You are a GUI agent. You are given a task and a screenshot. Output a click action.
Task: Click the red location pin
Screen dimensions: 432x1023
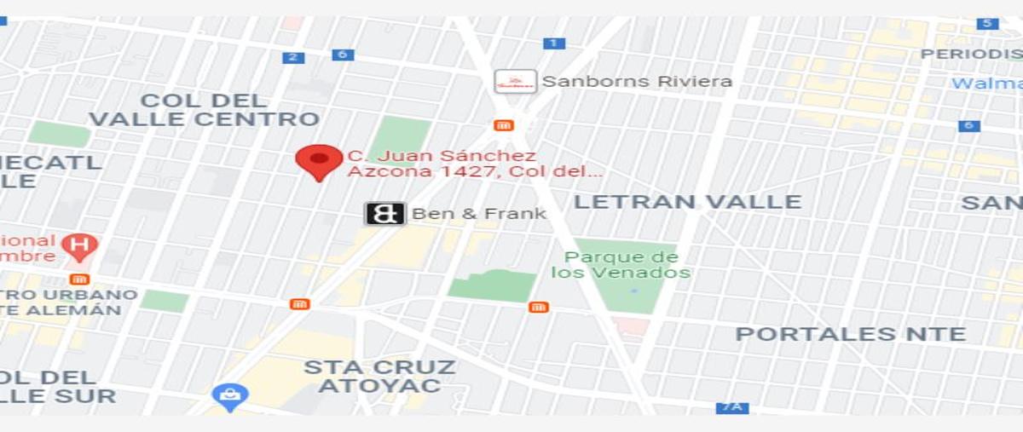coord(319,161)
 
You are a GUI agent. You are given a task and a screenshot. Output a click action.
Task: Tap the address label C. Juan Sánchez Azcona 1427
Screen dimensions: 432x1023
coord(474,164)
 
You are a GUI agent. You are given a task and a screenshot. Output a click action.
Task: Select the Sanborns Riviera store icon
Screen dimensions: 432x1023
coord(516,82)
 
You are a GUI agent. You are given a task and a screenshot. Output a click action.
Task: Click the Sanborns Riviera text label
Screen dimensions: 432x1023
coord(637,82)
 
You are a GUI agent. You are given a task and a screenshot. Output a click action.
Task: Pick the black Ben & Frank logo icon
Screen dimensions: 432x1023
coord(384,213)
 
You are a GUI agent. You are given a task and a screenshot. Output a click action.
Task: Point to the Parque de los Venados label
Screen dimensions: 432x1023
coord(621,265)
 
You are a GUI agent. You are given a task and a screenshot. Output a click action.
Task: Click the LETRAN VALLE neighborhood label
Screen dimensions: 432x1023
coord(687,202)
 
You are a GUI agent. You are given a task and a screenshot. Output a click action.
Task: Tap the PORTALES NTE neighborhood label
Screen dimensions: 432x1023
coord(851,334)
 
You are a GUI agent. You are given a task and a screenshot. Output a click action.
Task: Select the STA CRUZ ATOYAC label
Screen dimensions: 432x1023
coord(379,377)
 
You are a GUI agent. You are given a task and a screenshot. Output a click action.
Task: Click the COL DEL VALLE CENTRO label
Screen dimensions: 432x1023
coord(205,110)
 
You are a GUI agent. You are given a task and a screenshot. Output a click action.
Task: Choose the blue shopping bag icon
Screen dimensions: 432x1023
coord(229,395)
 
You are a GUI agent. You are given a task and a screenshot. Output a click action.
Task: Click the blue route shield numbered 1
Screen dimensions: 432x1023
coord(553,43)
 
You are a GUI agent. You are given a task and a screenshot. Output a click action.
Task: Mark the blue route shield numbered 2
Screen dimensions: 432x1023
coord(293,57)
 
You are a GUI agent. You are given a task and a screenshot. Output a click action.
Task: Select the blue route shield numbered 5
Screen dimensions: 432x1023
coord(987,23)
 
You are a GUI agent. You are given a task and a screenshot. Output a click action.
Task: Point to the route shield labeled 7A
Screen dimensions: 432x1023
coord(732,407)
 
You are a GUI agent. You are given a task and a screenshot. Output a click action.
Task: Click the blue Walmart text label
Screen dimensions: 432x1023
coord(987,84)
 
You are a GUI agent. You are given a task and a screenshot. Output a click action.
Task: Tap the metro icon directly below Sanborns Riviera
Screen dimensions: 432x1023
coord(503,125)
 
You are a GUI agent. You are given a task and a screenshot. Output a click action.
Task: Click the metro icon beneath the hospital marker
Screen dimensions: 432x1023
coord(80,279)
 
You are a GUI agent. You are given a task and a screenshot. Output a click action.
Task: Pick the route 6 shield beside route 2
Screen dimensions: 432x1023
coord(343,55)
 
